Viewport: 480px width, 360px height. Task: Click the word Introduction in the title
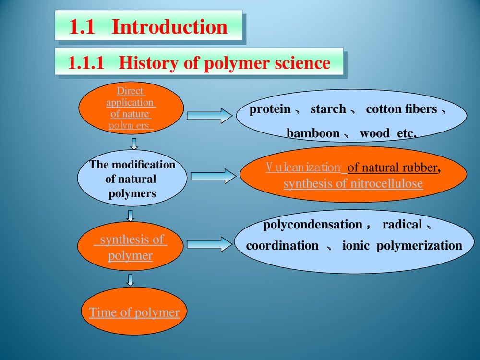click(169, 27)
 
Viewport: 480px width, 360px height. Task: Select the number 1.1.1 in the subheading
click(86, 63)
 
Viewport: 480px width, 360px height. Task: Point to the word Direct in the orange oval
click(131, 91)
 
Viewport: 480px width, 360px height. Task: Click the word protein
click(270, 109)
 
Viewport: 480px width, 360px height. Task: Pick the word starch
click(328, 109)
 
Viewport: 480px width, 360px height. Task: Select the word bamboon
click(313, 133)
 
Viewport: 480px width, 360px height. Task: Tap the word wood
click(374, 133)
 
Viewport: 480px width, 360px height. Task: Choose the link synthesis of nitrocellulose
click(353, 184)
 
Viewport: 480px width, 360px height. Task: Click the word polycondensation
click(312, 224)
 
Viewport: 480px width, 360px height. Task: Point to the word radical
click(402, 224)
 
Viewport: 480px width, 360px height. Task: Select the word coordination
click(282, 246)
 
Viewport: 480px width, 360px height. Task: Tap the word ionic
click(356, 246)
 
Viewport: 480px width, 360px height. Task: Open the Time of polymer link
click(134, 312)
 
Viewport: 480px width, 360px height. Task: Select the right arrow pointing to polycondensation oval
click(209, 244)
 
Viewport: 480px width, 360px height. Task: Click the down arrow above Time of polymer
click(130, 279)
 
